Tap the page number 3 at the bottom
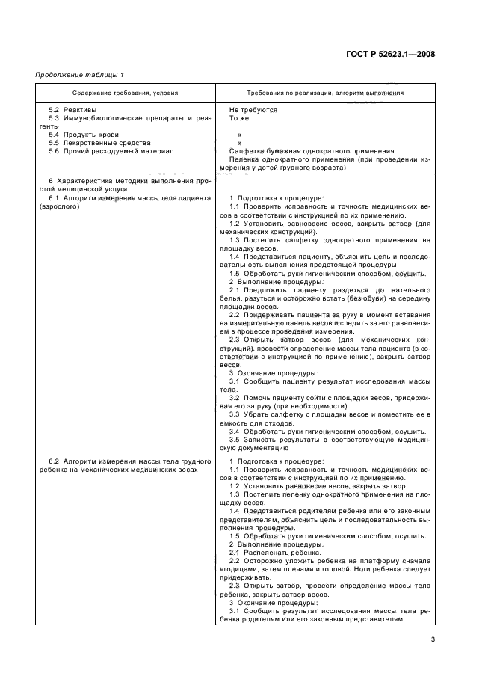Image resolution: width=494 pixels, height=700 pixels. (433, 639)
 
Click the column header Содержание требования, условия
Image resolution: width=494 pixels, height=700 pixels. (125, 93)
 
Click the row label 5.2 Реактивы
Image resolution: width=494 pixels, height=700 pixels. (69, 110)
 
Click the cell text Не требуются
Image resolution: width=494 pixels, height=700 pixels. (253, 110)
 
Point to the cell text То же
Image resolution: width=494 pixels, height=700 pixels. (239, 118)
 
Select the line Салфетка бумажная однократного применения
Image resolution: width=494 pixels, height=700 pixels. (312, 151)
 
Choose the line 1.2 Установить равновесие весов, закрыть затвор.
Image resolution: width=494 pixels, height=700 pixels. (297, 486)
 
